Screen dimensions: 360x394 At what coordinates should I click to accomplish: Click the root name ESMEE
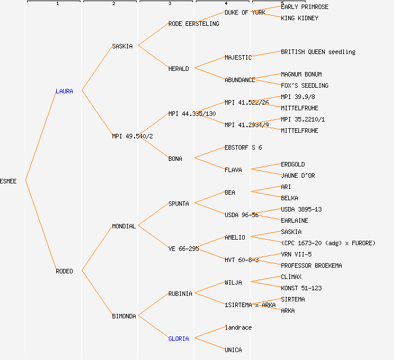8,181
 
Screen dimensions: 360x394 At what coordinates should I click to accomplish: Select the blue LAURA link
64,91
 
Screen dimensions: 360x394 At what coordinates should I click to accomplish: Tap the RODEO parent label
64,271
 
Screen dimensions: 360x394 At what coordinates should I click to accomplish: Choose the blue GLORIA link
178,339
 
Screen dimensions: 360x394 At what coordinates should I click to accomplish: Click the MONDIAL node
124,226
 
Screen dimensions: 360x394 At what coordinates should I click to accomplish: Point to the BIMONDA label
124,316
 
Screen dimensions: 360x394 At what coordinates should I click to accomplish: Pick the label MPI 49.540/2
133,136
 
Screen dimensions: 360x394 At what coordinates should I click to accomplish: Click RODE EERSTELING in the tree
194,24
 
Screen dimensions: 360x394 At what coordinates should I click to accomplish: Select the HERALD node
178,69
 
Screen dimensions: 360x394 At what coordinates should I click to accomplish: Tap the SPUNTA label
178,204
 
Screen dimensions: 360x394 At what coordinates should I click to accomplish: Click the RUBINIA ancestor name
180,294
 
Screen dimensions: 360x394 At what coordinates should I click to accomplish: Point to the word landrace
238,327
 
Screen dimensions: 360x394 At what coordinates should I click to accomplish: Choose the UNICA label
233,350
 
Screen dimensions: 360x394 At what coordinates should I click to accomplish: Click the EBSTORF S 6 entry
243,147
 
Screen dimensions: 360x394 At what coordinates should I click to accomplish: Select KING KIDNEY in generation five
299,18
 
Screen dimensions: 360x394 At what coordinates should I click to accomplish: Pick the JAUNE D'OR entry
298,175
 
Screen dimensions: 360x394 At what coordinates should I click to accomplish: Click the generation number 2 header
113,4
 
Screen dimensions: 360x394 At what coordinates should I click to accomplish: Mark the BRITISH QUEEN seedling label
318,52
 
